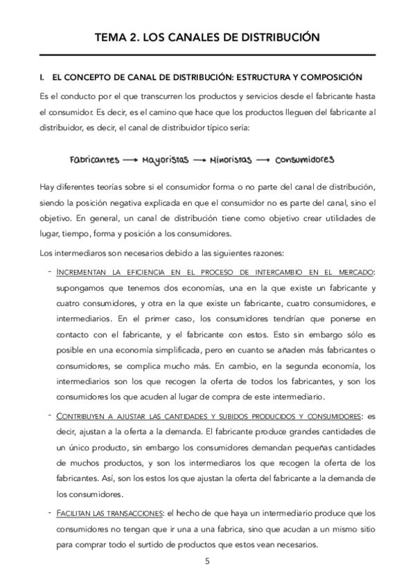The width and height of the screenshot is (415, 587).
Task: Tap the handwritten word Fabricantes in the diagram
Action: [94, 159]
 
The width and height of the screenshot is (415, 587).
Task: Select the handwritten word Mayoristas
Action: [166, 159]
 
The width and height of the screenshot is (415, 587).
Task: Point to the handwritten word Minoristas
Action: [231, 159]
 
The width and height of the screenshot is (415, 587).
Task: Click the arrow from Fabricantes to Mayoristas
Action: [130, 159]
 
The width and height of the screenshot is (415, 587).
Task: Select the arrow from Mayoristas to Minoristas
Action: [199, 159]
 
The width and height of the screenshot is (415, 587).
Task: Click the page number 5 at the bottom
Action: [207, 561]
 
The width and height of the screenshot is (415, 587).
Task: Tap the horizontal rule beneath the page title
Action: [207, 55]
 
